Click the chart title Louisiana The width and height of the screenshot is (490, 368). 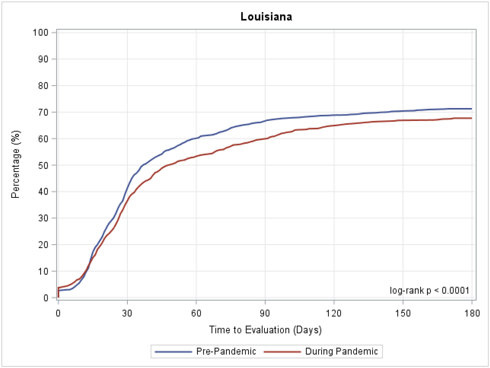click(266, 17)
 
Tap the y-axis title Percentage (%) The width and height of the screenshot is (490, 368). click(16, 164)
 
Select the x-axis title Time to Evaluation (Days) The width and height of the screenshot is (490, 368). click(265, 330)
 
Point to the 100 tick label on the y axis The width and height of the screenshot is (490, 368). click(40, 33)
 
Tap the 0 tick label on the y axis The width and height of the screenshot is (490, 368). click(46, 298)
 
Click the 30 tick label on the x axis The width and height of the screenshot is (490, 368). click(127, 313)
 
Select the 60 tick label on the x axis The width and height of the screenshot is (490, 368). click(196, 313)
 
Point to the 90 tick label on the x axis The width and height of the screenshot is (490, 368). click(265, 313)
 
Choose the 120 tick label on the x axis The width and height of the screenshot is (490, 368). click(334, 313)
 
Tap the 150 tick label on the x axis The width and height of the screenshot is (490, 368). click(403, 313)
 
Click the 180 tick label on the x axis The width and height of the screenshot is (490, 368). click(472, 313)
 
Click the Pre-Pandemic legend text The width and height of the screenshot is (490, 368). click(226, 351)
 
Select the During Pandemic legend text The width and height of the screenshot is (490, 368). click(341, 351)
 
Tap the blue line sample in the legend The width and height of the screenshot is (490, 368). click(173, 352)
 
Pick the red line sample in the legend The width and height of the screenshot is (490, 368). click(282, 352)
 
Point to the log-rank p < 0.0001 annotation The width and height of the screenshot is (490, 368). click(429, 290)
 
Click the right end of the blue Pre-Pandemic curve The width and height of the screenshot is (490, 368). click(471, 109)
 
